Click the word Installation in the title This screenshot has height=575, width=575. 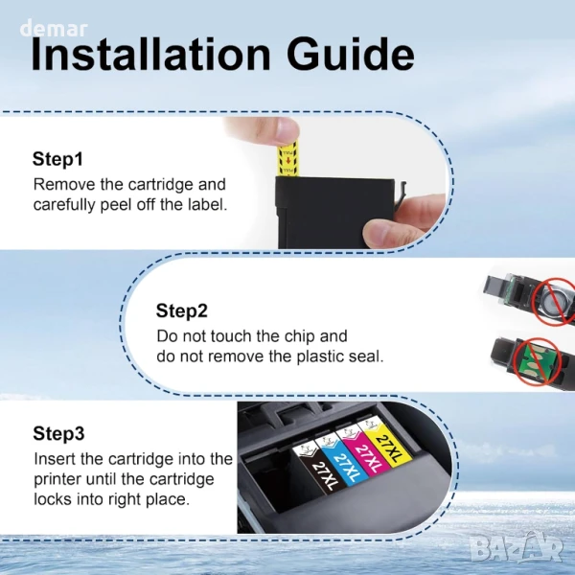(x=150, y=54)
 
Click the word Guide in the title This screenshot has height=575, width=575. (x=351, y=54)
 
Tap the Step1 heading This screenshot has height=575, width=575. (x=57, y=159)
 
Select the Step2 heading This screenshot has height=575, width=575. (x=182, y=310)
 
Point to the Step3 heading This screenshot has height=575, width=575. (x=58, y=433)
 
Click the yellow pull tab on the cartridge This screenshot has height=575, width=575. (x=288, y=160)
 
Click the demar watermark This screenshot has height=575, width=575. (x=54, y=30)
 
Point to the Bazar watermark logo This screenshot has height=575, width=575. (x=517, y=548)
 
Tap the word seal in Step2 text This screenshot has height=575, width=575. (x=366, y=356)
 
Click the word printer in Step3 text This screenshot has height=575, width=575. (x=57, y=480)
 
